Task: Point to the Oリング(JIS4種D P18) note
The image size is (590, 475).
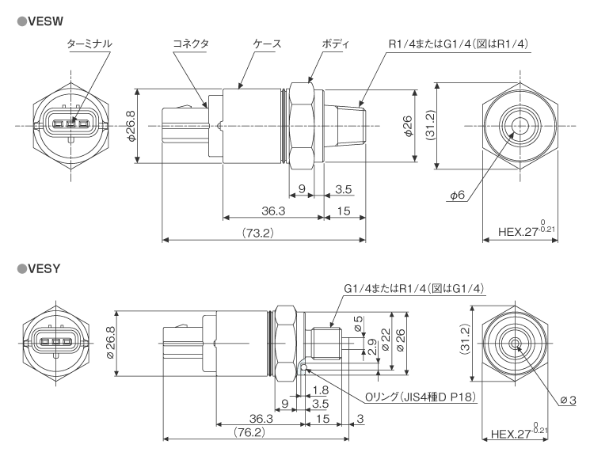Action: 418,397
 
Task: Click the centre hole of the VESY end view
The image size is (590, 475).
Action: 514,344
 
